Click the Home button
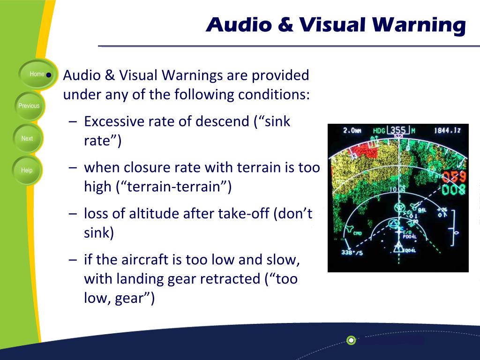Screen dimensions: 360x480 tap(37, 74)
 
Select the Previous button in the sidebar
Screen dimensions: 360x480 tap(29, 106)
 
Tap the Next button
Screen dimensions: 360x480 tap(27, 139)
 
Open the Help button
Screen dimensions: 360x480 tap(27, 171)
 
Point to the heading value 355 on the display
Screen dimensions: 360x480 tap(398, 130)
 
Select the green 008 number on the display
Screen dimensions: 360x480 tap(454, 189)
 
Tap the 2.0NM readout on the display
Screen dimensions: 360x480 tap(352, 131)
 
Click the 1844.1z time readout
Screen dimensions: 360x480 tap(448, 131)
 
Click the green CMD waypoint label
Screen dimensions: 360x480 tap(358, 233)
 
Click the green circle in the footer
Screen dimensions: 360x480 tap(351, 340)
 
